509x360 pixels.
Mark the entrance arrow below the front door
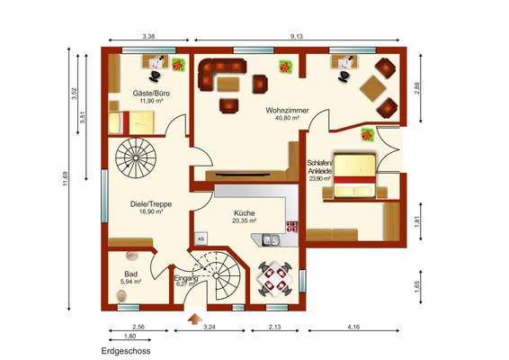click(191, 317)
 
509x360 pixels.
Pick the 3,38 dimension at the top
click(148, 36)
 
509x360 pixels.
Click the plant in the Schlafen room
click(367, 135)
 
